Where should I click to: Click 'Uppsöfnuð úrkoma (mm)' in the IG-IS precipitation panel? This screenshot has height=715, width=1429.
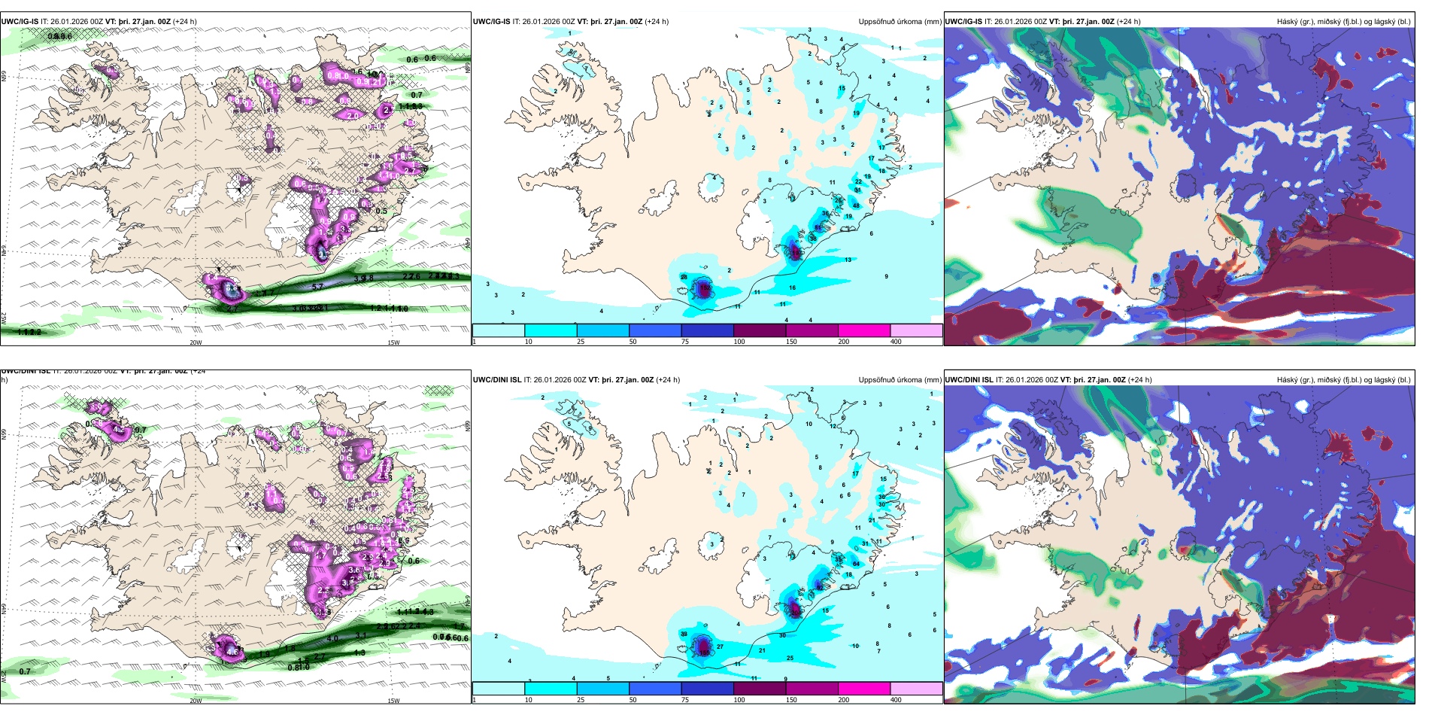900,22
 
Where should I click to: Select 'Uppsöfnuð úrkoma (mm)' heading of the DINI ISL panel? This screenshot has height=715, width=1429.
900,380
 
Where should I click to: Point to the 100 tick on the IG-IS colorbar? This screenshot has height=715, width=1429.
739,342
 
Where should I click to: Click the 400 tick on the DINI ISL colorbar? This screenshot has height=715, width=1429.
896,700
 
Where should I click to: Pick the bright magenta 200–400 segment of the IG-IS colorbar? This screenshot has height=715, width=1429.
864,330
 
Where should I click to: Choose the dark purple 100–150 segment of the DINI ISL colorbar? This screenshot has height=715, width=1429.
760,689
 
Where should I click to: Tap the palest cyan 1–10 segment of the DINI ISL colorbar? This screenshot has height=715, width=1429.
499,689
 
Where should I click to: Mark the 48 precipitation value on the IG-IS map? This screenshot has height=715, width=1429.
856,205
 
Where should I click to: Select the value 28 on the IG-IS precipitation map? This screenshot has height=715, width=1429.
684,278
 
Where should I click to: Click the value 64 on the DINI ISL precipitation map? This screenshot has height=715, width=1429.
856,564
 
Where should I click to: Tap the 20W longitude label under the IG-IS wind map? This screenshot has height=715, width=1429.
196,342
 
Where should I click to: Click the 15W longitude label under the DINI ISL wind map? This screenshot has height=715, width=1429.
393,701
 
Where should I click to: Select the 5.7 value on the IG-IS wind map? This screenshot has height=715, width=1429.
317,287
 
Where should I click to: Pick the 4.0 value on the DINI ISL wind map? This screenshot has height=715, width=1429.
332,638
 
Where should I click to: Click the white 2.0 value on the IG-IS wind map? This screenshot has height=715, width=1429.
353,116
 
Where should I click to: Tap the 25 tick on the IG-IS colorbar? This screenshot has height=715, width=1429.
581,342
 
